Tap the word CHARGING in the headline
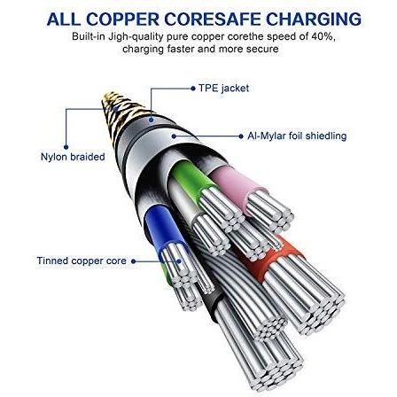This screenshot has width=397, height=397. coord(314,19)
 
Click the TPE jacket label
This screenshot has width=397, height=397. coord(223,88)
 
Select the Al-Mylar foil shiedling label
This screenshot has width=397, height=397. coord(297,136)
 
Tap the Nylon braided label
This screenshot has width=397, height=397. coord(73,157)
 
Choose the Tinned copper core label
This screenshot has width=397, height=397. coord(82,261)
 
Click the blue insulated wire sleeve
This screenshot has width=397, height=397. coord(163,229)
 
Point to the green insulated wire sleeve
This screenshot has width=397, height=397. coord(192,179)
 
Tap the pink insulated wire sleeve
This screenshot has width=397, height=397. coord(237,184)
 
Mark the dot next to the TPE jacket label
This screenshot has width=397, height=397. coord(193,89)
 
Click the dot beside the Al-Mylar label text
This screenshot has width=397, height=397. coord(241,136)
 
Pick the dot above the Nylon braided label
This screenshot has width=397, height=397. coord(66,147)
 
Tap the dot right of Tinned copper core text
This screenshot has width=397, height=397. coord(134,261)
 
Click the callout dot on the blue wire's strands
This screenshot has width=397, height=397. coord(179,261)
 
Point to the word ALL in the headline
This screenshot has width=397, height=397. coord(64,19)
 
